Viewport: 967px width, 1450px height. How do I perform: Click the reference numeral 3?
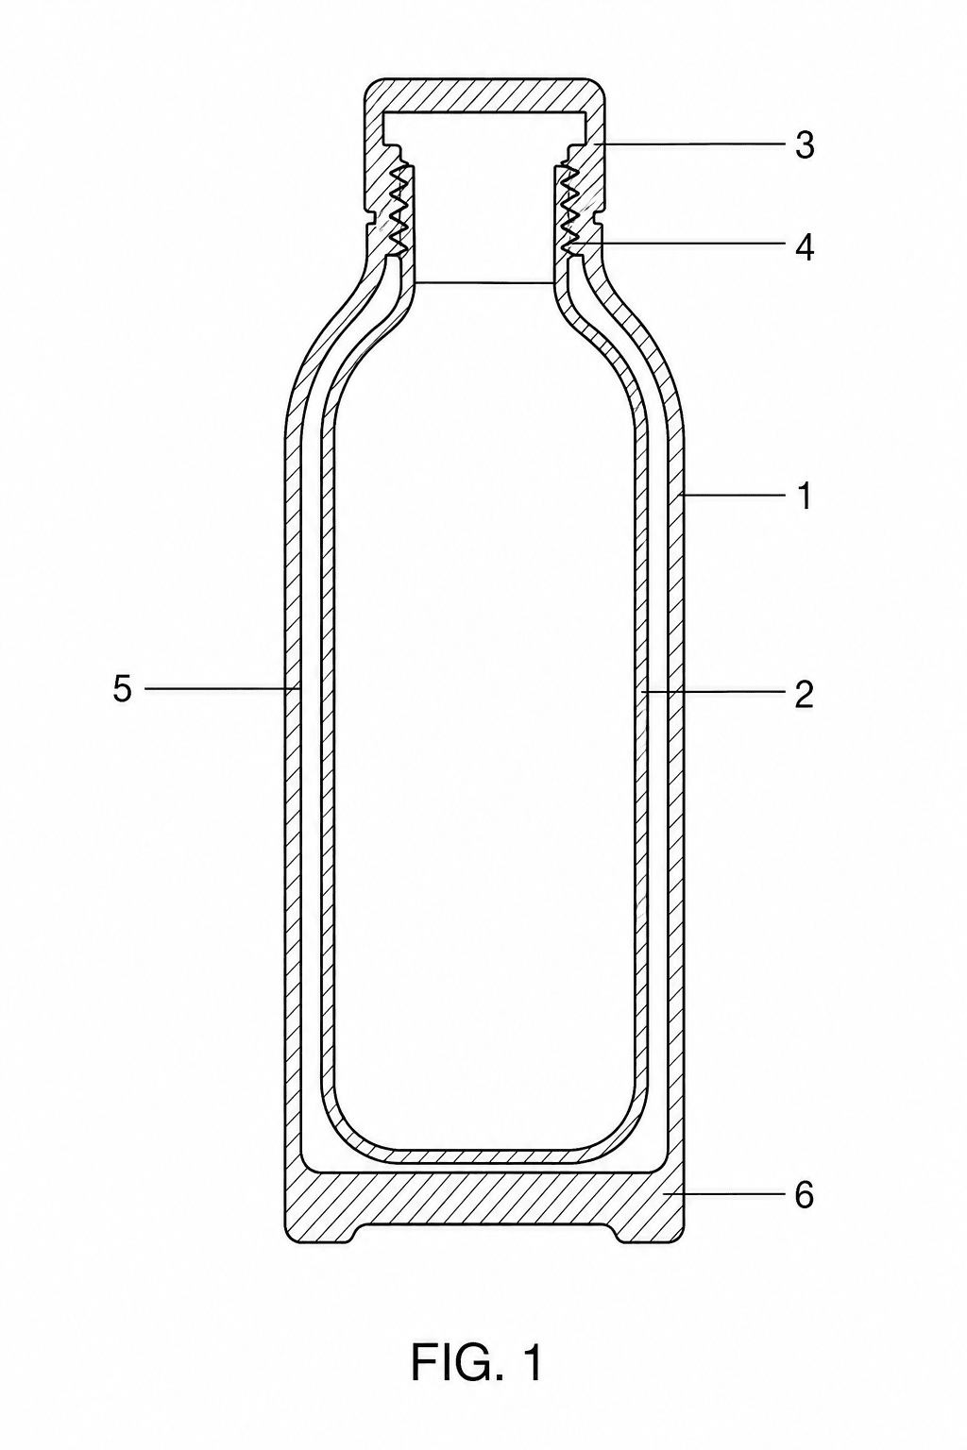tap(805, 145)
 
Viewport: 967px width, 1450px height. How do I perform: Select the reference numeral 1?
tap(803, 497)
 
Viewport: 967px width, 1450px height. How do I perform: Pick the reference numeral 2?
tap(803, 695)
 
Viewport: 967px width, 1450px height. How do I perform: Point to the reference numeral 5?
tap(123, 689)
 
